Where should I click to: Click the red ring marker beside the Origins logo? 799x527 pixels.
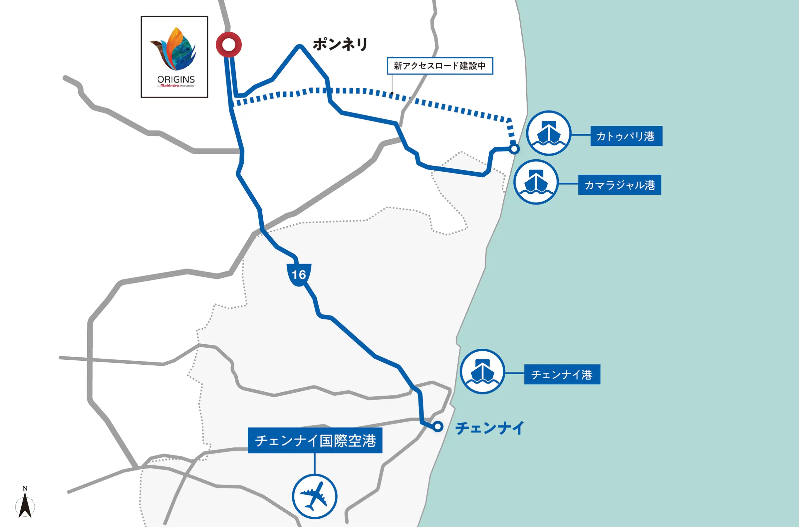(229, 44)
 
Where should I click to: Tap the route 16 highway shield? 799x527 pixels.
(299, 274)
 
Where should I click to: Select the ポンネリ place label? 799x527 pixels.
(340, 44)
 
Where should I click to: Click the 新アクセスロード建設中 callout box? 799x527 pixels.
(440, 66)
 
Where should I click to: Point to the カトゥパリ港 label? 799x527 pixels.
(626, 136)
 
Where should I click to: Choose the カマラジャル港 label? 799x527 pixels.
(620, 185)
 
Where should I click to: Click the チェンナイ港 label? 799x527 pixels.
(562, 374)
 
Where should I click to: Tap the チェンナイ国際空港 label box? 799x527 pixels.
(315, 440)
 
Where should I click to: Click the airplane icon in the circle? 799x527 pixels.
(314, 496)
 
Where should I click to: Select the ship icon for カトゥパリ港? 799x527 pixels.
(548, 133)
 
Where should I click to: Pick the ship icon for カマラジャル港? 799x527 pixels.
(536, 182)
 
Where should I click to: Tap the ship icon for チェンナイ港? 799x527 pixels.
(482, 371)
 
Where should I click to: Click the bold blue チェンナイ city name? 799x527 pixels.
(489, 428)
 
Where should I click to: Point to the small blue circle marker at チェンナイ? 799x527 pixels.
(437, 427)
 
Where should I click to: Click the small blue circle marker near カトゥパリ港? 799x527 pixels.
(514, 149)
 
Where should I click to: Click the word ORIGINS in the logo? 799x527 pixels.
(176, 80)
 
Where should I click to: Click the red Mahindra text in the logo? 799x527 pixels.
(169, 86)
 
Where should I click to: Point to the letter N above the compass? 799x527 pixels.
(25, 488)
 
